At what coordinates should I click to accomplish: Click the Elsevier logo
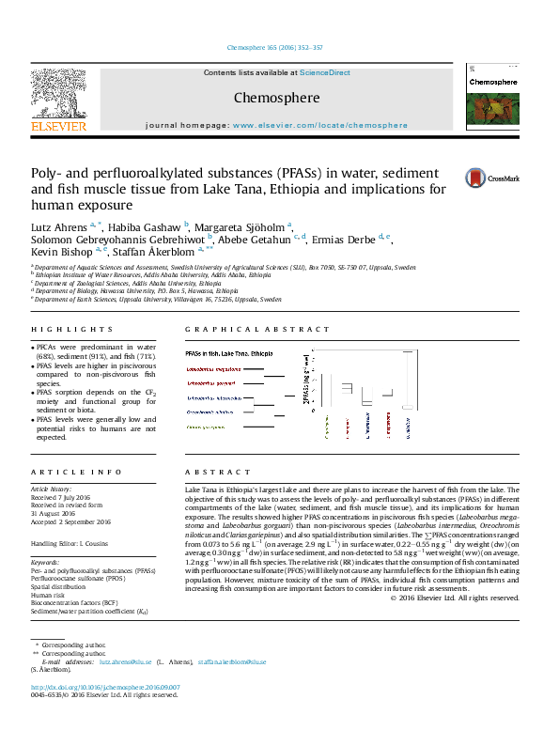58,100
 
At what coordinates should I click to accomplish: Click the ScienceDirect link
325,72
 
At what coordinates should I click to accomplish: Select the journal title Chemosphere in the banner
276,97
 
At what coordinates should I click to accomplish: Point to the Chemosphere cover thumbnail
492,100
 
